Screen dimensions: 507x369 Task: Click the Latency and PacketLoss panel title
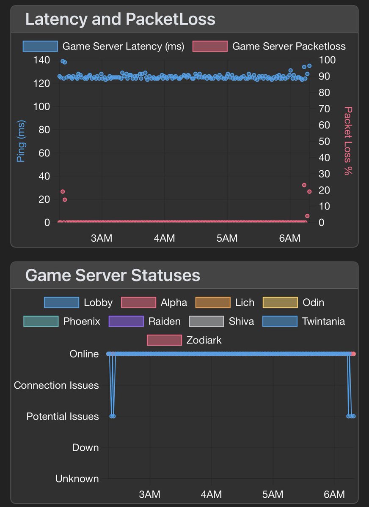click(120, 19)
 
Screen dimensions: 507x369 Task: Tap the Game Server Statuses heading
click(113, 275)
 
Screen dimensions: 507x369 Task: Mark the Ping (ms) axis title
click(20, 141)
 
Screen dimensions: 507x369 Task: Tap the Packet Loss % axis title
click(348, 141)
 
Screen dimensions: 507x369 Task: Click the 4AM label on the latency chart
click(164, 238)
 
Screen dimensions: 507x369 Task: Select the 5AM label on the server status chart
click(273, 494)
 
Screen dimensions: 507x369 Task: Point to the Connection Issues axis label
click(56, 385)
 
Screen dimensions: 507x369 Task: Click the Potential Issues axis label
click(63, 417)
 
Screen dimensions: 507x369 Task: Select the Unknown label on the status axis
click(77, 479)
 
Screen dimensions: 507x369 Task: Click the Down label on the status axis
click(85, 447)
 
